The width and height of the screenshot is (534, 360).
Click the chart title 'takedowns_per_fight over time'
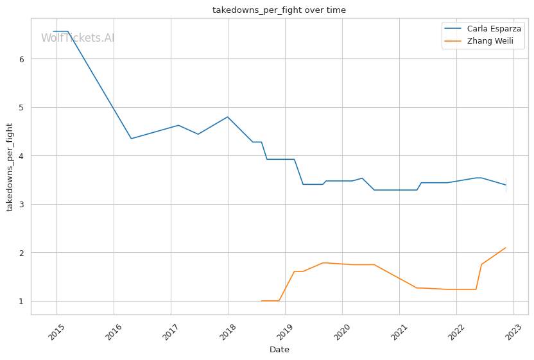pyautogui.click(x=279, y=10)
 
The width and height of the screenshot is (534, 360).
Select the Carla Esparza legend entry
pyautogui.click(x=494, y=29)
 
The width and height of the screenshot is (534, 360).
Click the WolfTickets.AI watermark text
pyautogui.click(x=78, y=38)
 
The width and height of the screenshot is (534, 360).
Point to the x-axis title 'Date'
pyautogui.click(x=279, y=350)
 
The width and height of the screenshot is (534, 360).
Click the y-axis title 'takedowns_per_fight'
pyautogui.click(x=10, y=167)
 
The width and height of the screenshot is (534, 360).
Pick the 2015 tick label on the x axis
pyautogui.click(x=56, y=332)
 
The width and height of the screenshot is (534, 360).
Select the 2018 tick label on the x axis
pyautogui.click(x=228, y=332)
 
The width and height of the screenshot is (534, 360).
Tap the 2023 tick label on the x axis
pyautogui.click(x=513, y=332)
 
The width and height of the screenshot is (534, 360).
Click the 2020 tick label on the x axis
pyautogui.click(x=342, y=332)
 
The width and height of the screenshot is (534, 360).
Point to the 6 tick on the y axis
pyautogui.click(x=21, y=59)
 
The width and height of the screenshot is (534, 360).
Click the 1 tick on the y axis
pyautogui.click(x=21, y=301)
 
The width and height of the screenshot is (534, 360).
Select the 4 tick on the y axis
pyautogui.click(x=21, y=156)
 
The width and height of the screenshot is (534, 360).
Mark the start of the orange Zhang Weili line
pyautogui.click(x=261, y=301)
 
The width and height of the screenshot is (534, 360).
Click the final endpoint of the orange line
pyautogui.click(x=506, y=248)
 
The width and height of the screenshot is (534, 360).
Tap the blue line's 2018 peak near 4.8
pyautogui.click(x=228, y=117)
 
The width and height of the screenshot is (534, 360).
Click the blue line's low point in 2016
pyautogui.click(x=131, y=139)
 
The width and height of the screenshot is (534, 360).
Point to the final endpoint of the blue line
pyautogui.click(x=506, y=185)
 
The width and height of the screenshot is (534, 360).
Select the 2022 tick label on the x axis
pyautogui.click(x=456, y=332)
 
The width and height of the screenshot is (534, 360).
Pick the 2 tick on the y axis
pyautogui.click(x=21, y=253)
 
